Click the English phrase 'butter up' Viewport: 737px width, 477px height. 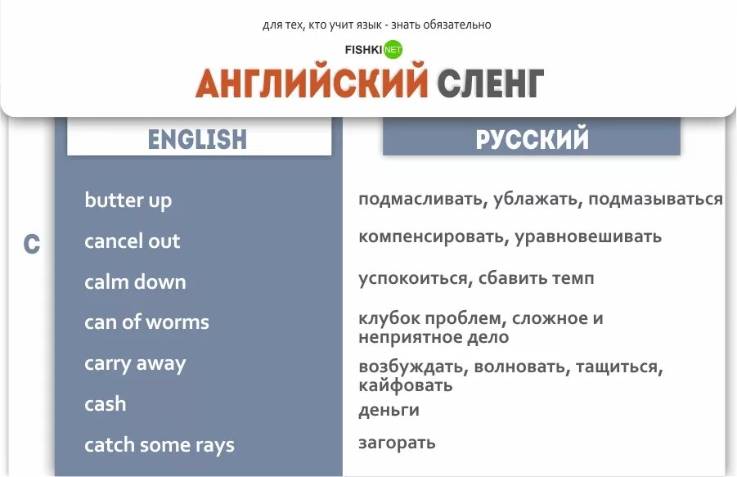[x=128, y=200]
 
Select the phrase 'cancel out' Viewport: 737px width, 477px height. [x=132, y=241]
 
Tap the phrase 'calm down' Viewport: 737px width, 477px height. [x=135, y=282]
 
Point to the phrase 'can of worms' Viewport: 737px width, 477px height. [x=146, y=322]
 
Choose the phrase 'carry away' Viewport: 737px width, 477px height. [x=135, y=363]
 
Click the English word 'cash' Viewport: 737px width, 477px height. [x=106, y=404]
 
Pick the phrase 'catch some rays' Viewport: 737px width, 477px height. [x=159, y=445]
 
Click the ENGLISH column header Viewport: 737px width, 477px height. [x=198, y=138]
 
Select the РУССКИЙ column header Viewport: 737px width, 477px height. [x=532, y=139]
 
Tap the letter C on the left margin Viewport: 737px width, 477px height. [x=31, y=244]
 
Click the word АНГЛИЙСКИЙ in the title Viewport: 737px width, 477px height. [x=312, y=83]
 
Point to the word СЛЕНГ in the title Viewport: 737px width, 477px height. [x=490, y=83]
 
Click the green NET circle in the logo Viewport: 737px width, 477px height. [x=393, y=49]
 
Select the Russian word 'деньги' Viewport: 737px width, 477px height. [x=389, y=410]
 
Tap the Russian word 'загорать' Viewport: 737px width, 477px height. [x=397, y=443]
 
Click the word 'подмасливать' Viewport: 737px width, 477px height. [x=421, y=200]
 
